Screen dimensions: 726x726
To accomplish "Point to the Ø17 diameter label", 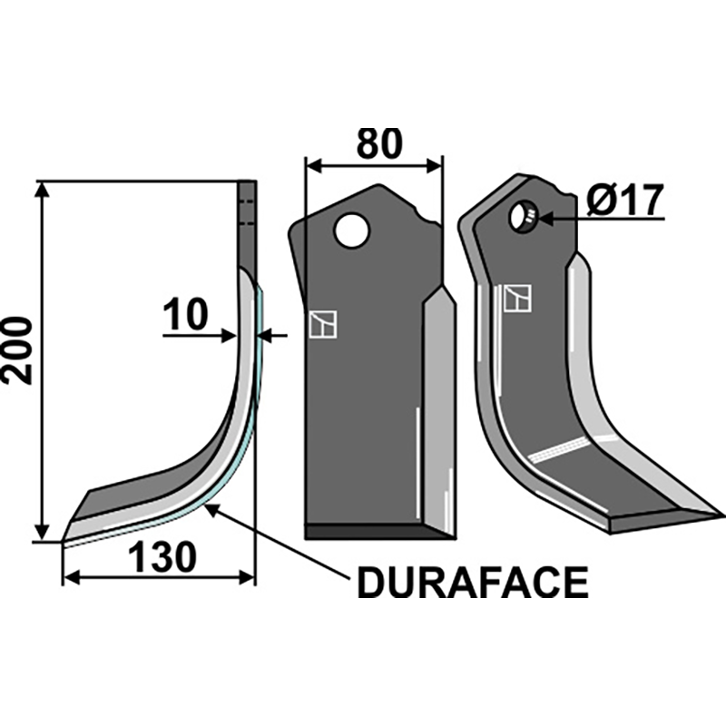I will pos(625,200).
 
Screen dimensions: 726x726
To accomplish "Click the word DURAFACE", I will pos(472,583).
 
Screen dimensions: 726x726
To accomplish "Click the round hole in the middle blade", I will pos(350,231).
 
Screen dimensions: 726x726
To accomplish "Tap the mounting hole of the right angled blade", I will pos(523,217).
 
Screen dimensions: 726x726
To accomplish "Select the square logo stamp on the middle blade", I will pos(322,324).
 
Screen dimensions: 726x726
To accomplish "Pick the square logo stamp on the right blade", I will pos(517,298).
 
